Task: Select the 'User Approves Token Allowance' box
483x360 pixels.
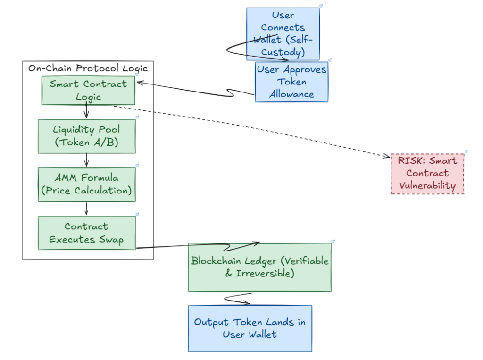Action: tap(291, 82)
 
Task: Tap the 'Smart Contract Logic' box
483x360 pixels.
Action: tap(88, 90)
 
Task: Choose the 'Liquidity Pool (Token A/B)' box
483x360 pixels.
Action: tap(86, 136)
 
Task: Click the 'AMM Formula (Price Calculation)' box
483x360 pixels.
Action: tap(86, 184)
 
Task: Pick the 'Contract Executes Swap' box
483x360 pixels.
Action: tap(86, 233)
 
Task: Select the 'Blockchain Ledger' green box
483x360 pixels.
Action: tap(259, 267)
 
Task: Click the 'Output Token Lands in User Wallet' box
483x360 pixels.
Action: tap(250, 328)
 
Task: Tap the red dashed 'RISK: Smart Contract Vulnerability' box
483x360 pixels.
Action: tap(427, 173)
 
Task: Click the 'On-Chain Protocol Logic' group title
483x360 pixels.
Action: tap(88, 68)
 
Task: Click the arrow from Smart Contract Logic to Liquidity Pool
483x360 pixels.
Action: tap(86, 112)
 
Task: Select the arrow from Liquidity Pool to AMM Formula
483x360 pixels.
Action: tap(86, 160)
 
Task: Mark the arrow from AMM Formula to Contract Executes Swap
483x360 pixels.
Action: tap(86, 209)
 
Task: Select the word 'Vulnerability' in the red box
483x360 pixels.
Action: tap(427, 185)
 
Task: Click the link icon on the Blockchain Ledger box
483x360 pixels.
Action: tap(333, 241)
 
